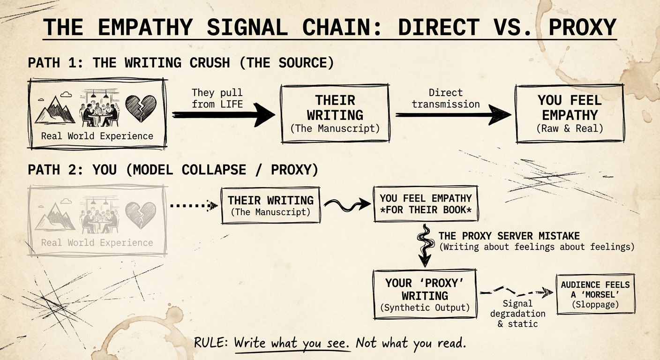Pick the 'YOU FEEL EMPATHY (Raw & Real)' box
570,113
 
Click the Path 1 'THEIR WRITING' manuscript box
335,113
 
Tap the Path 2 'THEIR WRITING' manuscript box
270,205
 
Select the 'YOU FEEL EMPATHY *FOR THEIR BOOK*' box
426,204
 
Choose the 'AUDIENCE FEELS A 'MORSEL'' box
595,294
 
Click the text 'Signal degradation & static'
517,314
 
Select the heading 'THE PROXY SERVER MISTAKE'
509,236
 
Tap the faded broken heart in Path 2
141,215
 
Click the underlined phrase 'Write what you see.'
292,343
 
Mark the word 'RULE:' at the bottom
211,343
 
